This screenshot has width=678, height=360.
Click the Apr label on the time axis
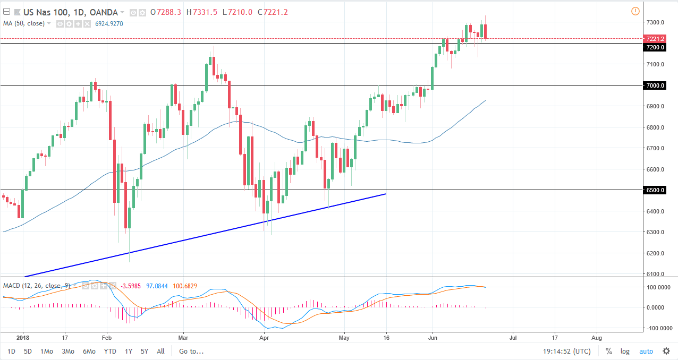coord(264,337)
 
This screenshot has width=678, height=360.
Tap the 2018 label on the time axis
coord(23,337)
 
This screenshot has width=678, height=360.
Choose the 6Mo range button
coord(89,351)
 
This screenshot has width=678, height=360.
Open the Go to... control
coord(191,351)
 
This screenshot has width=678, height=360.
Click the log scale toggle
coord(625,351)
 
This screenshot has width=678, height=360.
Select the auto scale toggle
coord(646,351)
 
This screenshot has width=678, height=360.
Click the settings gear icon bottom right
coord(666,351)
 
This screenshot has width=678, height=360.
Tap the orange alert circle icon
coord(635,11)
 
